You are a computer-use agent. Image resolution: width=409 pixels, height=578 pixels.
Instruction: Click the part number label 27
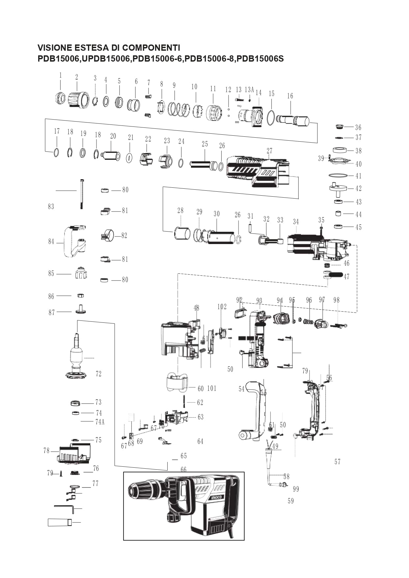pyautogui.click(x=269, y=151)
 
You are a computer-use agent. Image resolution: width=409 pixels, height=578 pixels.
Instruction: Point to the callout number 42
pyautogui.click(x=358, y=188)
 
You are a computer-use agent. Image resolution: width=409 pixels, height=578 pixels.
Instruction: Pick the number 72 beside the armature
pyautogui.click(x=98, y=374)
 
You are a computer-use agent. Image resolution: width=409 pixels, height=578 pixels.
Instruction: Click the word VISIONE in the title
pyautogui.click(x=55, y=48)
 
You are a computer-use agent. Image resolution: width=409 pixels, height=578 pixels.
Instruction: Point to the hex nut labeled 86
pyautogui.click(x=80, y=295)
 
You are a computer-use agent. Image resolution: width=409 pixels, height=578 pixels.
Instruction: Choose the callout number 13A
pyautogui.click(x=249, y=90)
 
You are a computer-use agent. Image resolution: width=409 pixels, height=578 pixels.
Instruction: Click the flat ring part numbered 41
pyautogui.click(x=338, y=176)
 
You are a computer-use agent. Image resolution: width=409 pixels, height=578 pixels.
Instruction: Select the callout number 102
pyautogui.click(x=222, y=307)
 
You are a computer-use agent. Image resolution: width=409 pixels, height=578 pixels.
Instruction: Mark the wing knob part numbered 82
pyautogui.click(x=107, y=236)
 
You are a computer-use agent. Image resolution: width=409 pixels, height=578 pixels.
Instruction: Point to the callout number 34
pyautogui.click(x=296, y=222)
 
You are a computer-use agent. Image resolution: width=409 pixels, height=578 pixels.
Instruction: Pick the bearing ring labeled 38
pyautogui.click(x=340, y=151)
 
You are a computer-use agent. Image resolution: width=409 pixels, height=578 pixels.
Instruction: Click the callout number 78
pyautogui.click(x=46, y=450)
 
